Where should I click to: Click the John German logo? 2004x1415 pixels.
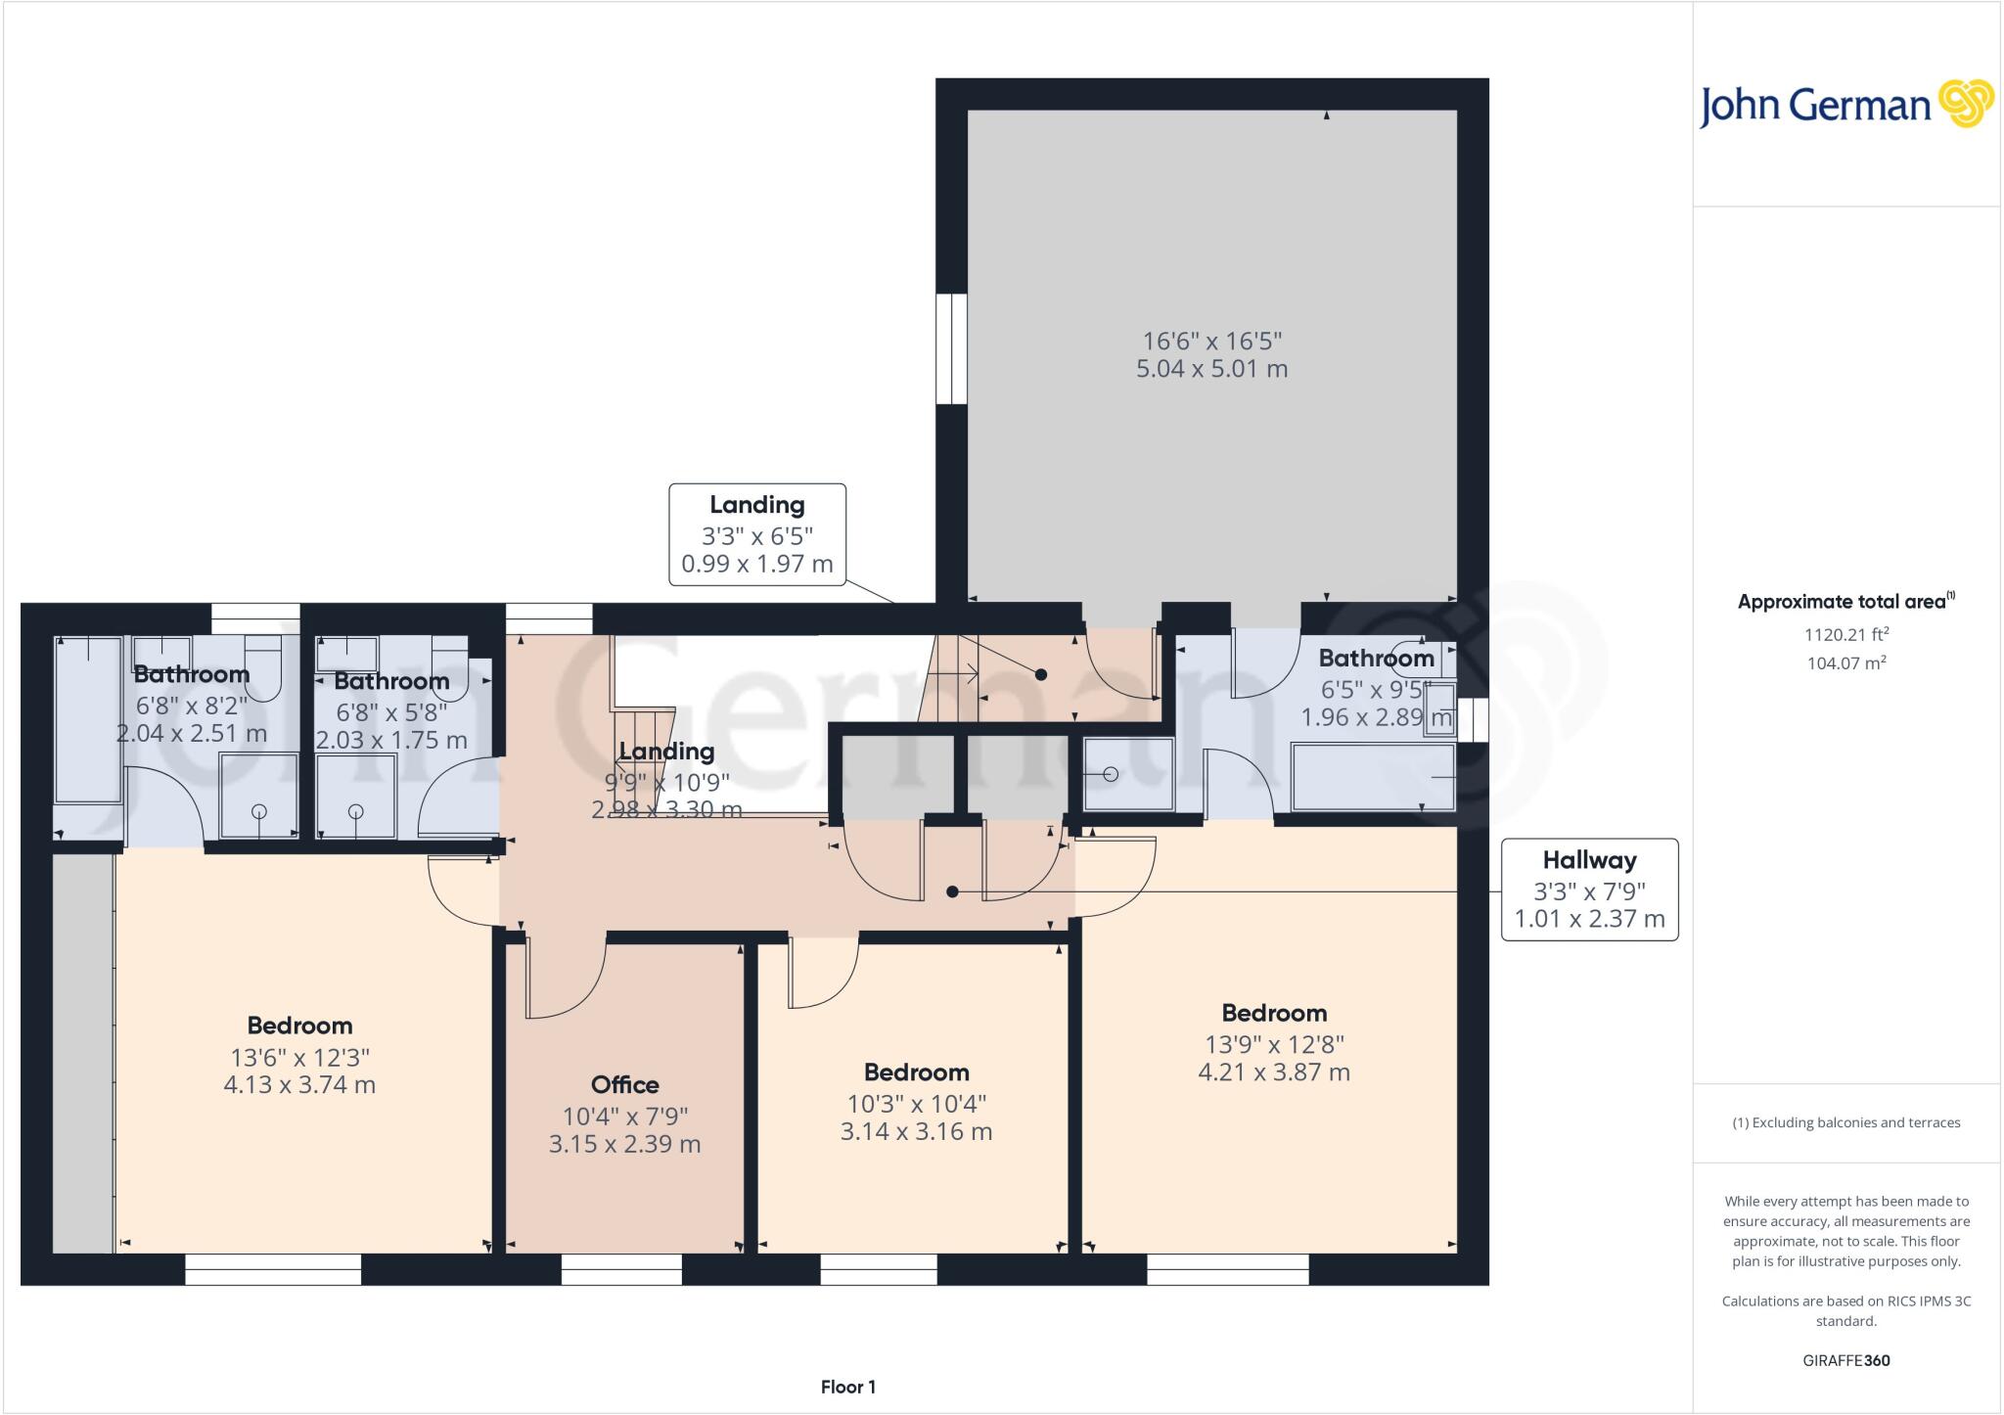[1845, 104]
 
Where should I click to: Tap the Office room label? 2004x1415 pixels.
[624, 1084]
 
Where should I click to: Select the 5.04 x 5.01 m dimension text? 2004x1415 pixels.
[1211, 369]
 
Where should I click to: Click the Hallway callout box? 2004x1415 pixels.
[1589, 889]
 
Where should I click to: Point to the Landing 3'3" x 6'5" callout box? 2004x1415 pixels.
[756, 534]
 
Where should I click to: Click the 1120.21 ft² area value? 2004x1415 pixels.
[1845, 634]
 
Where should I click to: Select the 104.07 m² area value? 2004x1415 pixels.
[1845, 662]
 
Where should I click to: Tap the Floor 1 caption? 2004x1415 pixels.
[847, 1387]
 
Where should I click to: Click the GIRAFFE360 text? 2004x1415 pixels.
[1845, 1360]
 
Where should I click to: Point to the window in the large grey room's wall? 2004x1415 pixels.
[951, 348]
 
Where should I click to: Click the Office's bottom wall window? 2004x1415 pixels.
[621, 1270]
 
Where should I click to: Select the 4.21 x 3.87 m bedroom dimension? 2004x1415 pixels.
[1273, 1072]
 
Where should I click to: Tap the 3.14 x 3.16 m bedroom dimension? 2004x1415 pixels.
[916, 1131]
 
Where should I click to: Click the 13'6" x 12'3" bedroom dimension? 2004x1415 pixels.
[299, 1057]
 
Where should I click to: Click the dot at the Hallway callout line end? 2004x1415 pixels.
[952, 891]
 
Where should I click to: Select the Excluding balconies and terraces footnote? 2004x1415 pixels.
[1845, 1122]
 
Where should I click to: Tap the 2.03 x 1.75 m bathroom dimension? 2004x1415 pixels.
[391, 740]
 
